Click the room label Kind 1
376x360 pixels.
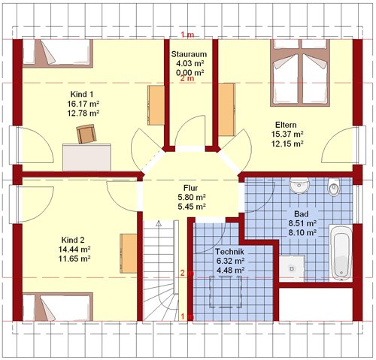point(82,95)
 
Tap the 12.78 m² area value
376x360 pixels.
point(83,113)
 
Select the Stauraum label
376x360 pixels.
point(189,54)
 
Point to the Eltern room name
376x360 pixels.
point(286,125)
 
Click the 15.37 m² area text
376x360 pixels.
point(287,134)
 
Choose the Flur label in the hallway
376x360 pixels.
point(190,188)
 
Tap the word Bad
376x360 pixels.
point(302,214)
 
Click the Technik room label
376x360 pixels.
point(229,251)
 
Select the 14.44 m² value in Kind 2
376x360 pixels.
point(74,250)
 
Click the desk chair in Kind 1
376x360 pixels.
point(86,134)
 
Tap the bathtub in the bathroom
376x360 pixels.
point(341,253)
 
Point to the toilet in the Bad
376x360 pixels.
point(334,187)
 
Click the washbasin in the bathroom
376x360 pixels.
point(299,186)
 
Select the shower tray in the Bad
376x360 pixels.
point(292,268)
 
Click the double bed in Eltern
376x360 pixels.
point(300,73)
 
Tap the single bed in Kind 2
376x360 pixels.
point(58,307)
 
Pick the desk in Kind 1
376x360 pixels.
point(86,157)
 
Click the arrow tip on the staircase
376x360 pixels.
point(159,222)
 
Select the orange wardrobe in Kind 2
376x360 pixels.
point(128,253)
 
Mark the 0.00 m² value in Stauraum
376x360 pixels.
point(190,73)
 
